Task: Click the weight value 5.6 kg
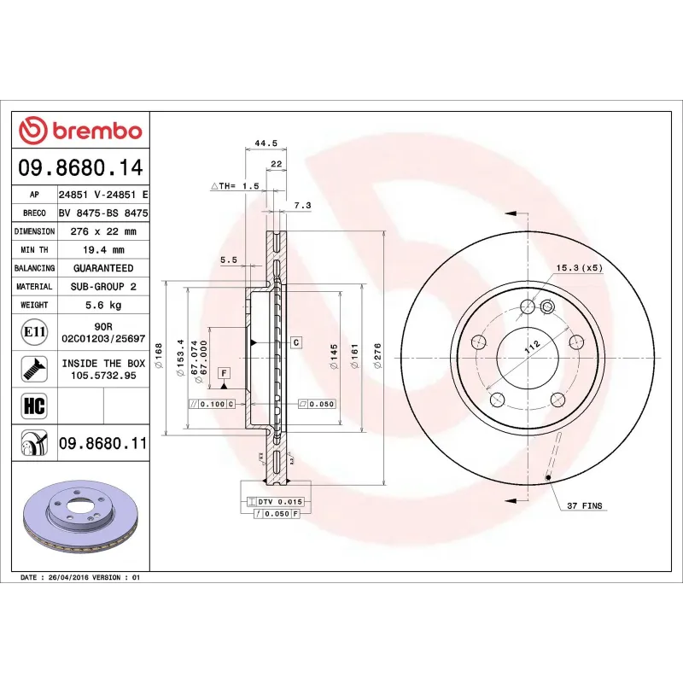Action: (x=103, y=305)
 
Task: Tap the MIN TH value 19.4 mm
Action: (x=103, y=250)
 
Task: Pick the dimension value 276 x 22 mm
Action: (x=103, y=231)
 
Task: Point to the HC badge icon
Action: (x=33, y=404)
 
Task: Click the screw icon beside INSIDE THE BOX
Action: (x=33, y=369)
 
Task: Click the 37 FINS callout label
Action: (x=585, y=506)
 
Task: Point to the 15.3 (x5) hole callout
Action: (x=580, y=268)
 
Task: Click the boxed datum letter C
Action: (x=295, y=342)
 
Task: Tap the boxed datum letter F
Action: (x=225, y=373)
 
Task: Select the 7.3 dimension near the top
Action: (x=301, y=206)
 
